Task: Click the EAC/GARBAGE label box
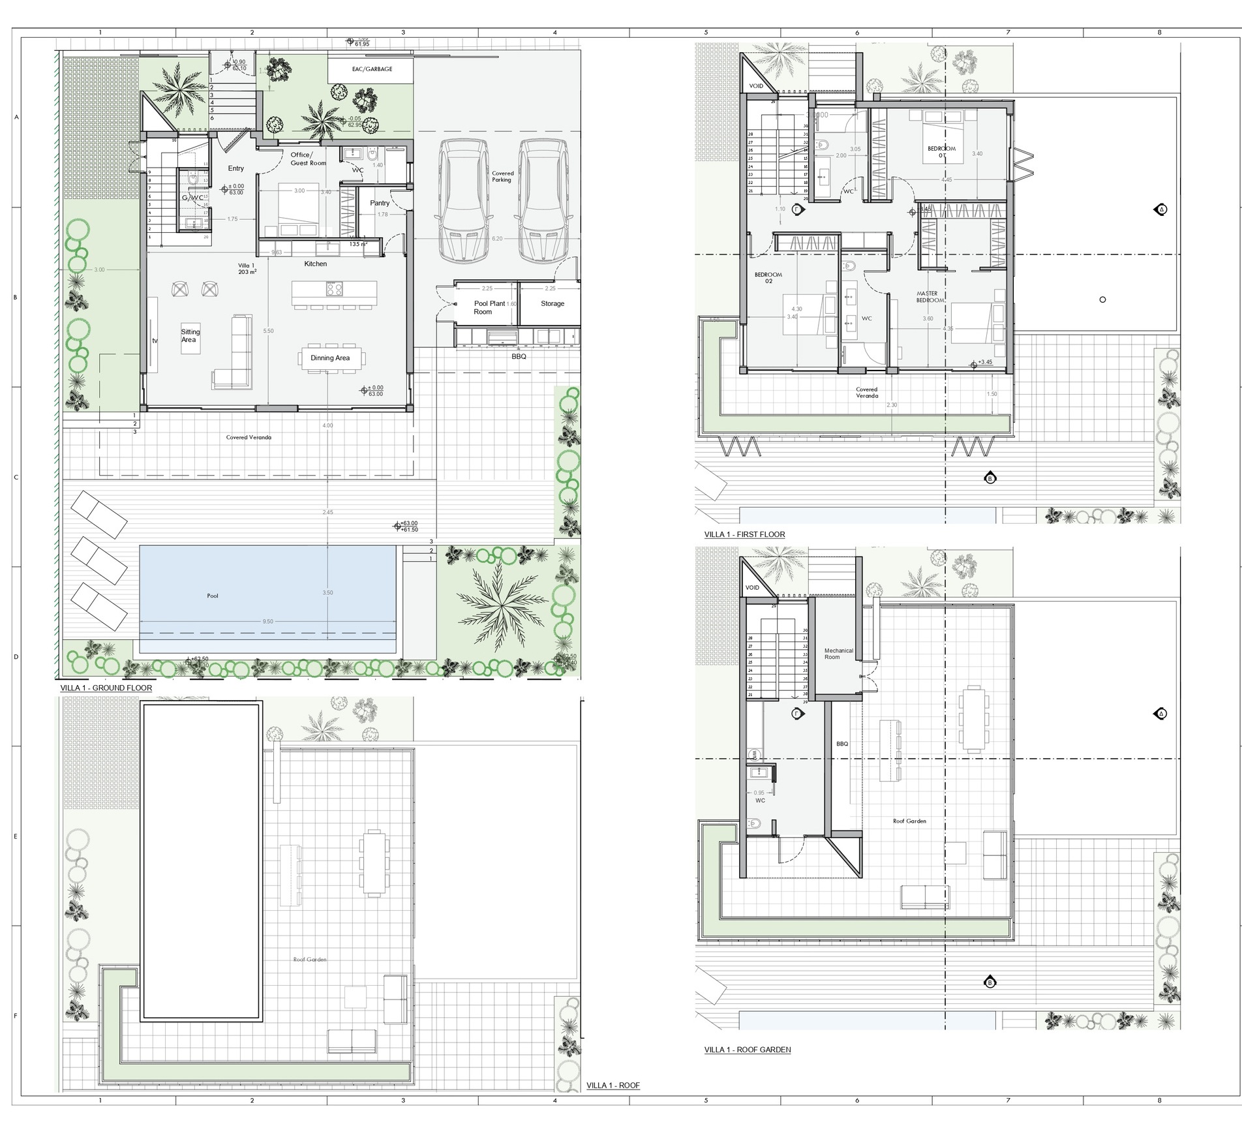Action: [x=372, y=69]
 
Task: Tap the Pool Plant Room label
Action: [x=489, y=307]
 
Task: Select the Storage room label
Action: [x=552, y=303]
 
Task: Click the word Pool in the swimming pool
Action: [x=213, y=596]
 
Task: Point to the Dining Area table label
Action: [x=330, y=358]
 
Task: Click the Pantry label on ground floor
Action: [x=380, y=203]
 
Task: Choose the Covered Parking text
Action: [x=502, y=176]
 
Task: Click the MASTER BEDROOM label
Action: [x=929, y=297]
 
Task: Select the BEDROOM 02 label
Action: [x=768, y=278]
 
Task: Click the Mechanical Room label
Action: [x=838, y=654]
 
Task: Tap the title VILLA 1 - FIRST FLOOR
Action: [x=744, y=534]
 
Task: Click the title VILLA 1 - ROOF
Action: [x=613, y=1086]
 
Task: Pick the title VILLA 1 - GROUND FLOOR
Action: [x=106, y=688]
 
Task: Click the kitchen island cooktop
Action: [x=334, y=289]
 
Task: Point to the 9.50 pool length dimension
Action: [x=267, y=622]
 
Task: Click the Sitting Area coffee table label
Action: [x=190, y=336]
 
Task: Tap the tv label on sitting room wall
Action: [x=155, y=341]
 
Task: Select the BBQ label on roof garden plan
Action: [x=842, y=744]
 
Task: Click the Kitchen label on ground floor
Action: [x=315, y=264]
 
